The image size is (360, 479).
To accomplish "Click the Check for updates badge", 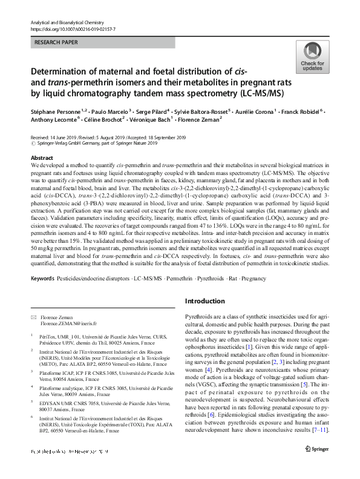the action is tap(312, 57).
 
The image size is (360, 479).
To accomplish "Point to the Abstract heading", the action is tap(41, 157).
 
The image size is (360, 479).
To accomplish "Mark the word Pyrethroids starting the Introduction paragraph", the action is tap(199, 317).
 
